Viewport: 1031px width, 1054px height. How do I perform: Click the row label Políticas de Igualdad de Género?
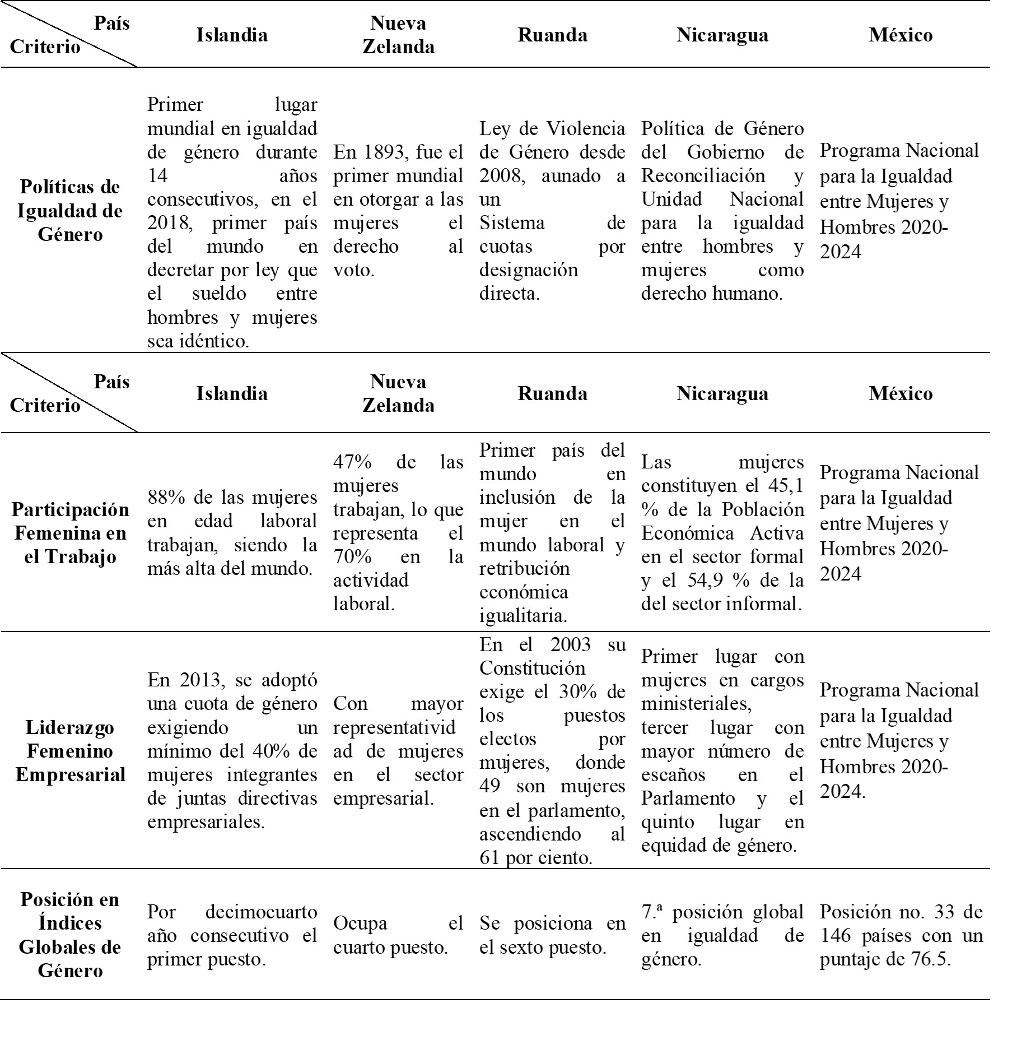pyautogui.click(x=70, y=210)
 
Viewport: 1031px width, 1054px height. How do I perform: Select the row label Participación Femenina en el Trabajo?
pyautogui.click(x=70, y=533)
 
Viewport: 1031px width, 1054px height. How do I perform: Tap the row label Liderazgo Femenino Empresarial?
pyautogui.click(x=70, y=751)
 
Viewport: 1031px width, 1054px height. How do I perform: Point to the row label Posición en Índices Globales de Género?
pyautogui.click(x=70, y=935)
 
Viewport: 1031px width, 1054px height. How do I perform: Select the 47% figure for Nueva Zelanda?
pyautogui.click(x=353, y=462)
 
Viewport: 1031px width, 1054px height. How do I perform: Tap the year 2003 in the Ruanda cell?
pyautogui.click(x=570, y=644)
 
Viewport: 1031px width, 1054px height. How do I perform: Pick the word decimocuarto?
pyautogui.click(x=261, y=912)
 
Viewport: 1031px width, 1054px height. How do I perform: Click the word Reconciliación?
pyautogui.click(x=703, y=176)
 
